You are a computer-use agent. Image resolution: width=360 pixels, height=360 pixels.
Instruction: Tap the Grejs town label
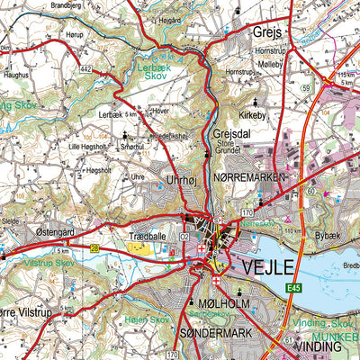point(267,32)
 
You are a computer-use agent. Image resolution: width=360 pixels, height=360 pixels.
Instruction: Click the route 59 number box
point(306,87)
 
